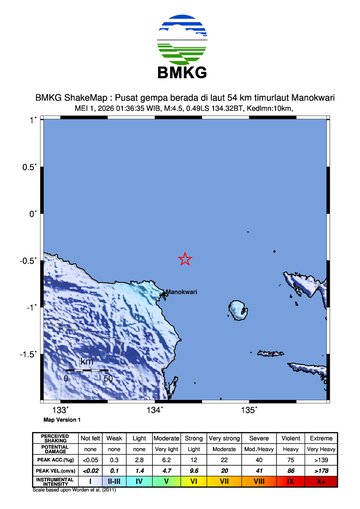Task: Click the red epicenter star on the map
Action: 185,259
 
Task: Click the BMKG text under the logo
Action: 180,72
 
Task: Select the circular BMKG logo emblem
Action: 180,35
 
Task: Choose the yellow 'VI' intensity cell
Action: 194,481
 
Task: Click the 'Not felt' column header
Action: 90,438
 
